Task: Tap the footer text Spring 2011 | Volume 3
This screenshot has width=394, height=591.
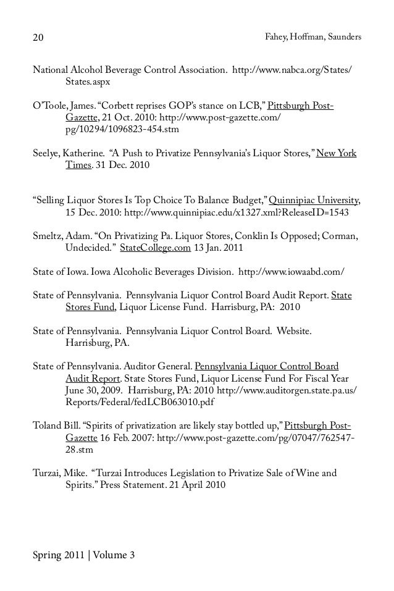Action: pyautogui.click(x=83, y=555)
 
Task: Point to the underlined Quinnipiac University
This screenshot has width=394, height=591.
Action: pyautogui.click(x=315, y=200)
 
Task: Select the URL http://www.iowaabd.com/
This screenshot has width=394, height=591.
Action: pyautogui.click(x=291, y=271)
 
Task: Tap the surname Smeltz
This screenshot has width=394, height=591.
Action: pyautogui.click(x=48, y=235)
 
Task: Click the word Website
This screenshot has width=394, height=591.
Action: pyautogui.click(x=293, y=330)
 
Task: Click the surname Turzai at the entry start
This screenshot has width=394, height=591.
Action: pyautogui.click(x=46, y=474)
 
